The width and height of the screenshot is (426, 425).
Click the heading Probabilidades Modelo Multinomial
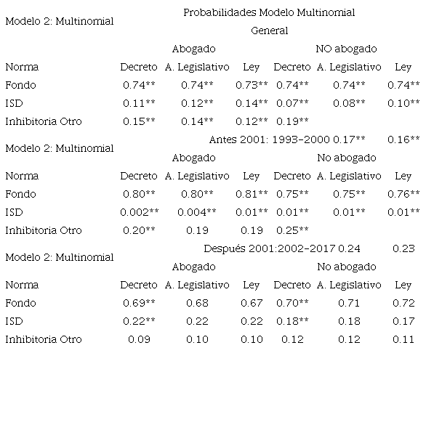click(x=269, y=12)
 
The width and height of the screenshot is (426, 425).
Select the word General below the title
click(x=269, y=31)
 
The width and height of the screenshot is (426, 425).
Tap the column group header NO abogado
click(x=346, y=49)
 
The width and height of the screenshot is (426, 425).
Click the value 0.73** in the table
click(x=252, y=85)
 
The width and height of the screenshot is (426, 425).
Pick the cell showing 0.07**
click(x=292, y=103)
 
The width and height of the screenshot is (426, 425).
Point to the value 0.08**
click(x=349, y=103)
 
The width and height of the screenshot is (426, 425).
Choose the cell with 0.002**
click(x=138, y=212)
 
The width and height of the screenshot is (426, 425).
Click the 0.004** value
click(x=198, y=212)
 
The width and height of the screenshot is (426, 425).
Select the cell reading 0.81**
click(x=252, y=194)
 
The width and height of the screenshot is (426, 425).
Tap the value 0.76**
click(x=403, y=194)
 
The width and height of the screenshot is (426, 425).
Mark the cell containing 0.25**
click(x=292, y=230)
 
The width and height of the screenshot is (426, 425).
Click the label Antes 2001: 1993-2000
click(x=269, y=139)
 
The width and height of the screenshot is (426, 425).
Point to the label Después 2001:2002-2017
click(x=269, y=248)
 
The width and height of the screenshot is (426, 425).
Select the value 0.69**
click(x=138, y=303)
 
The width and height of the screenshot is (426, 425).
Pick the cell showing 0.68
click(x=198, y=303)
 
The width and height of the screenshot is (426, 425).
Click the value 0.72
click(x=403, y=303)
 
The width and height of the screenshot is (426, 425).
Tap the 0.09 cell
click(x=138, y=339)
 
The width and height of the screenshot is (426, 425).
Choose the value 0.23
click(x=403, y=248)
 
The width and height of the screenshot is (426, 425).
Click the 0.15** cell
click(x=138, y=121)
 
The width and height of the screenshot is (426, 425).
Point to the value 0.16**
click(x=403, y=139)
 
